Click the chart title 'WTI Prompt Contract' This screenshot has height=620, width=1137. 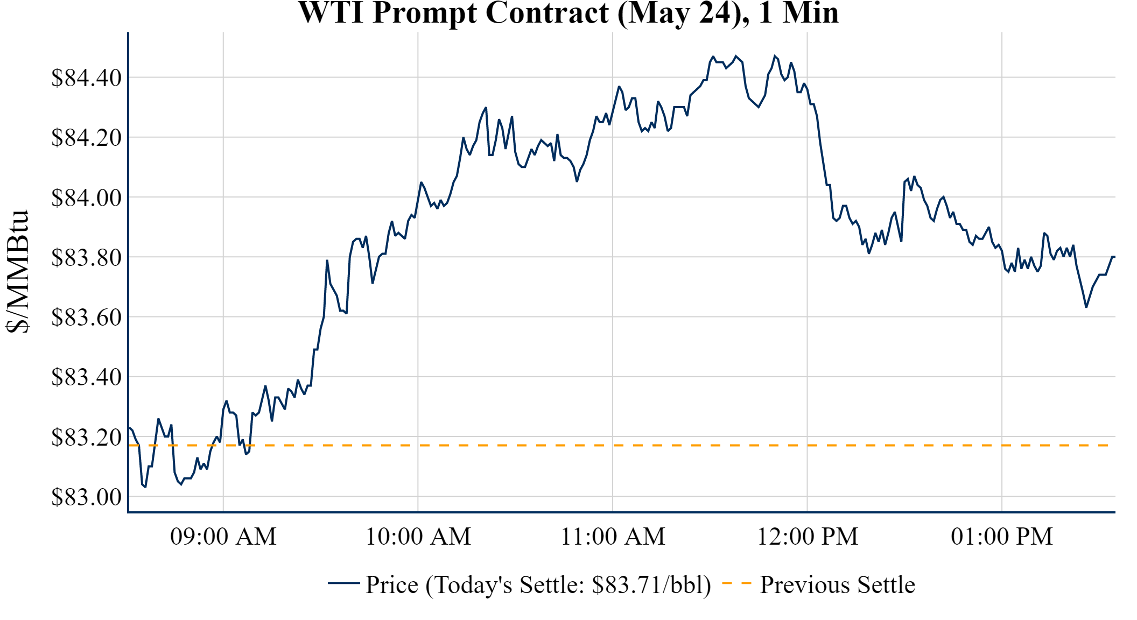tap(568, 13)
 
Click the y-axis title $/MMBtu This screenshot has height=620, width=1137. tap(17, 271)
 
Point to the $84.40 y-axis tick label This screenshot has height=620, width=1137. tap(87, 78)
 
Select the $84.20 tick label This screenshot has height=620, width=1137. tap(87, 138)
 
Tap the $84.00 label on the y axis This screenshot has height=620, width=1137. tap(87, 198)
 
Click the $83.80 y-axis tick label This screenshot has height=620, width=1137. tap(87, 257)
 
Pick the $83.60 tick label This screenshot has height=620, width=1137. tap(87, 317)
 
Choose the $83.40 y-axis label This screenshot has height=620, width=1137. tap(87, 377)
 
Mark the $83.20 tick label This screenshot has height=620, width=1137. tap(87, 437)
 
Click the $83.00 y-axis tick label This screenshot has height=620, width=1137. tap(87, 497)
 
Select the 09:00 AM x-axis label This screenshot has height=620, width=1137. tap(223, 537)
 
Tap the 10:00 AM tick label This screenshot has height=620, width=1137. tap(418, 537)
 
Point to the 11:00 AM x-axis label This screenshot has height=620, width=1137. tap(613, 537)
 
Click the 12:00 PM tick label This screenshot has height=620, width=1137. tap(808, 537)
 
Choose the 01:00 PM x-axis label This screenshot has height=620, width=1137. tap(1002, 537)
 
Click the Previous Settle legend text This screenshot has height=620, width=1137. tap(837, 585)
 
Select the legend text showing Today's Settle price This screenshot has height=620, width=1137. tap(538, 585)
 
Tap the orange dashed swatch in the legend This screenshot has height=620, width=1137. tap(736, 583)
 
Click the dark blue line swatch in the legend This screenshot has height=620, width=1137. tap(343, 583)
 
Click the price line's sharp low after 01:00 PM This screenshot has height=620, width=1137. tap(1086, 307)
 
